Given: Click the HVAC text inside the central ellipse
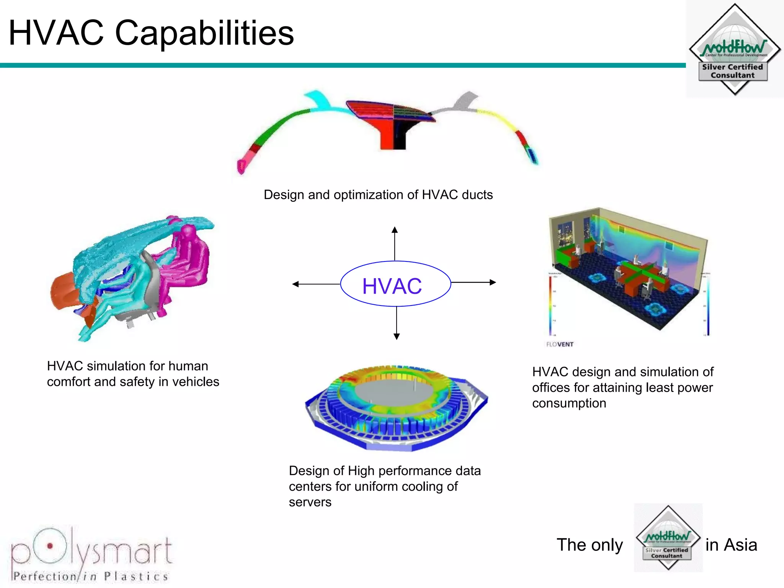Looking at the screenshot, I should tap(392, 286).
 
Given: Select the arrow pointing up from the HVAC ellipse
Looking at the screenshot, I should tap(395, 243).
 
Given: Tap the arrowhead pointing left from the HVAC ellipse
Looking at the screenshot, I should tap(295, 284).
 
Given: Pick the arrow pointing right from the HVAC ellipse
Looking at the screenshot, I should tap(474, 283).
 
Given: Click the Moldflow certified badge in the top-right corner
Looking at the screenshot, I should tap(735, 49).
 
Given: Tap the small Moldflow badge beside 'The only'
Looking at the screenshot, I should tap(668, 537).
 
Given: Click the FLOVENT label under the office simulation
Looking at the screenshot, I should tap(560, 344).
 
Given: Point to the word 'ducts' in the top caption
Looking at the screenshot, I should tap(477, 195).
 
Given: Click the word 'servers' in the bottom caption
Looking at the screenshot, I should tap(310, 502).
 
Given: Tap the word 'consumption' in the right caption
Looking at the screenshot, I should tap(569, 403).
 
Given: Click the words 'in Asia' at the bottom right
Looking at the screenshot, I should tap(731, 545).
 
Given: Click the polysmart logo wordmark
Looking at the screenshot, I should tap(92, 549).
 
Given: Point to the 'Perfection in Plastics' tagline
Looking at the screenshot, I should tap(91, 577).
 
